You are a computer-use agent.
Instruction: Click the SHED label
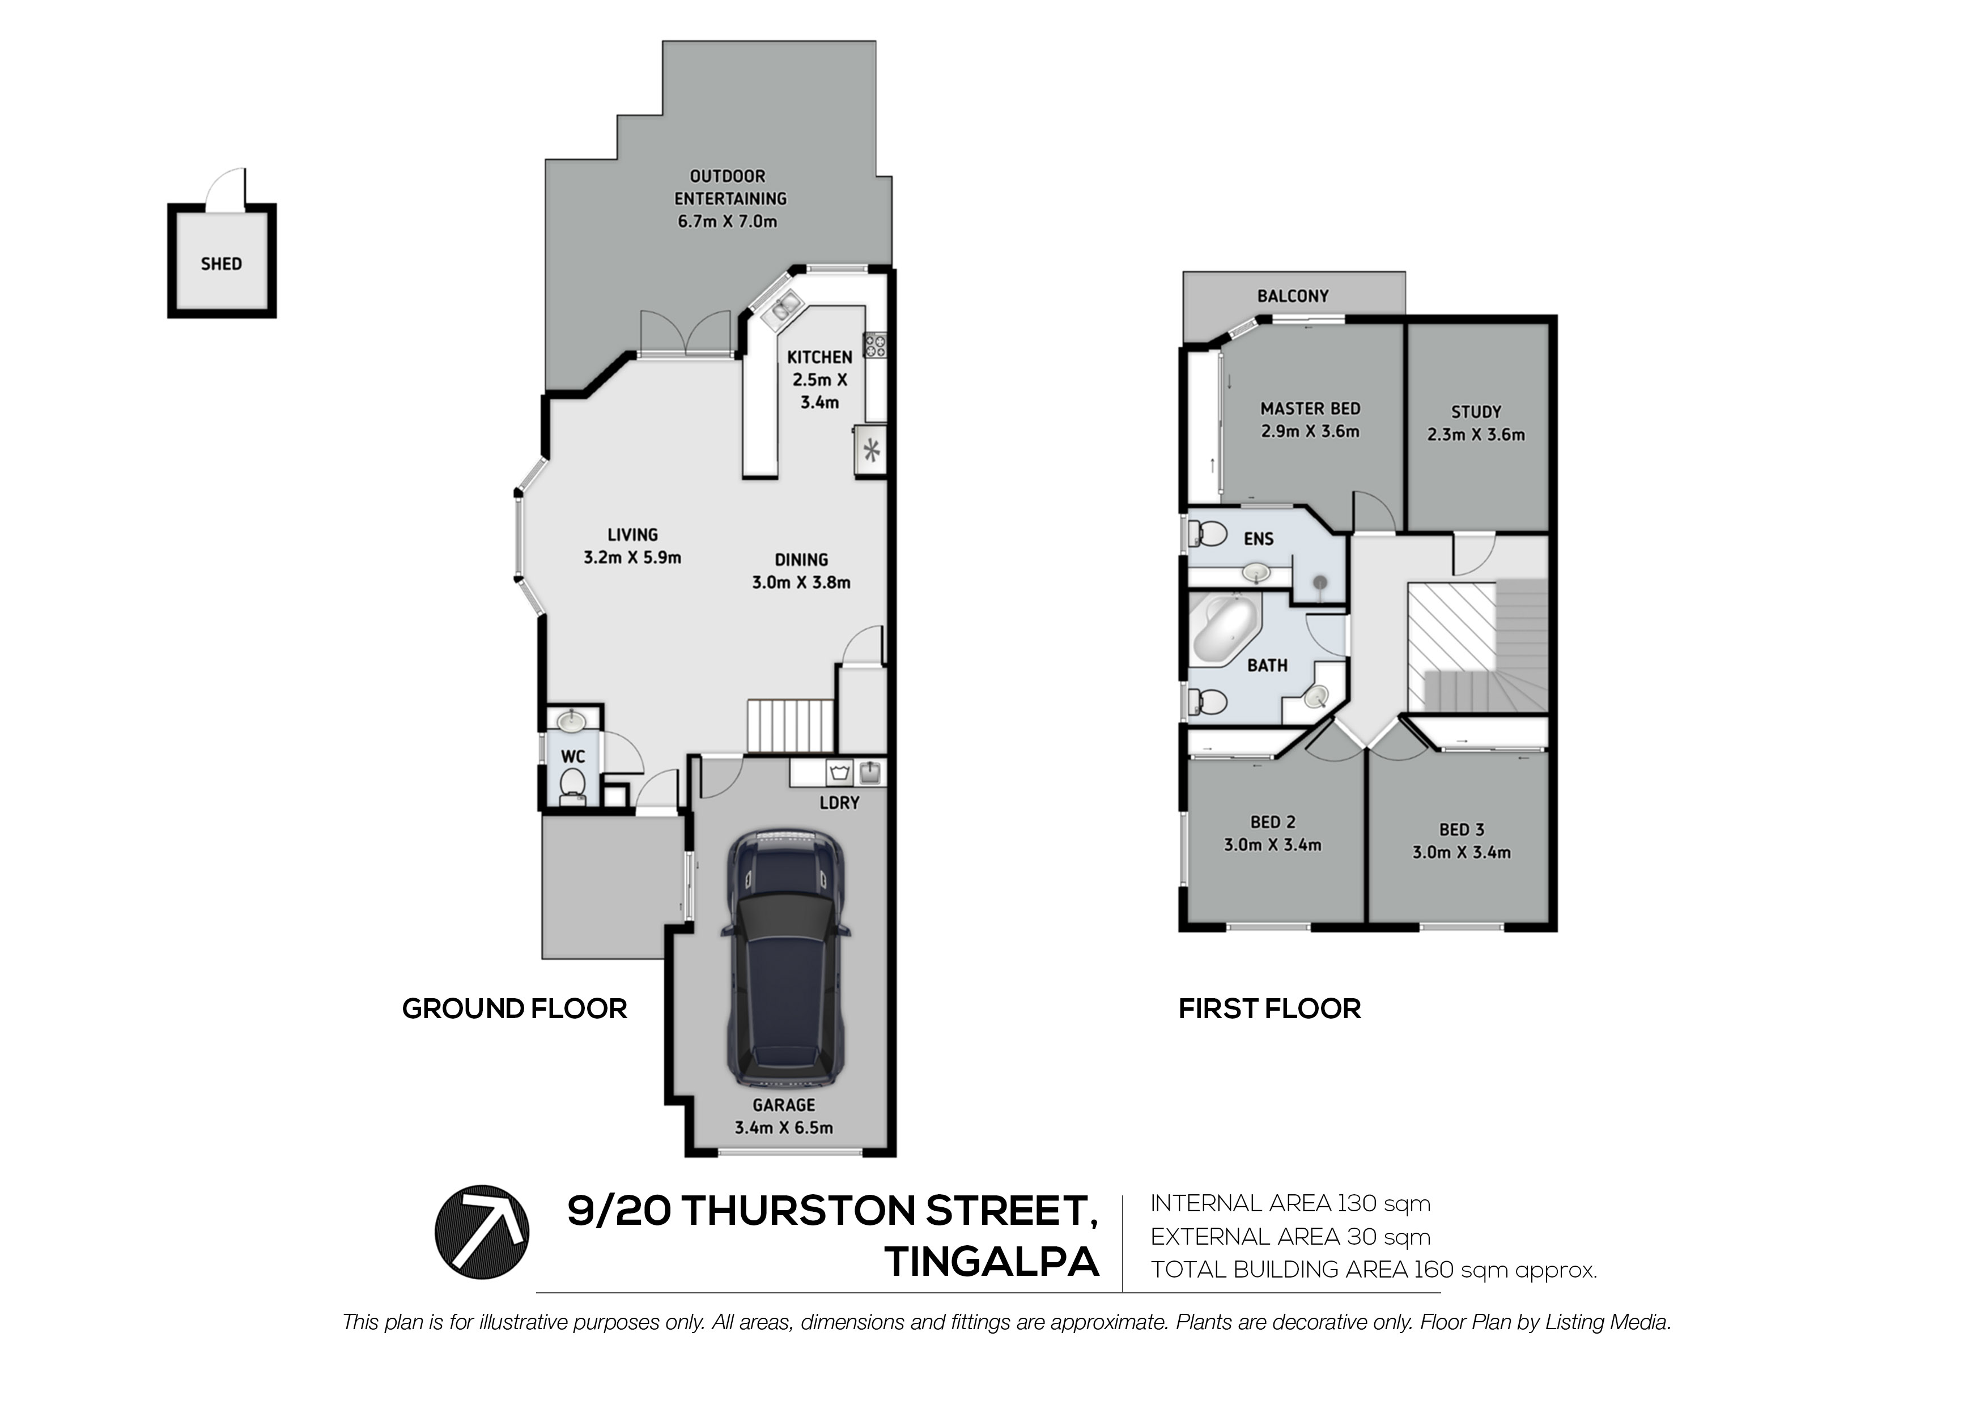click(221, 264)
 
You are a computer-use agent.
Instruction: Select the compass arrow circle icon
click(481, 1232)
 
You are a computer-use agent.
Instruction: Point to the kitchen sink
click(785, 306)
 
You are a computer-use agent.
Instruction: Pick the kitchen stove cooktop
click(874, 346)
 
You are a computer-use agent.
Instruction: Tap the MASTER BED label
click(1310, 408)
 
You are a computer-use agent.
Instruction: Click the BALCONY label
click(1293, 296)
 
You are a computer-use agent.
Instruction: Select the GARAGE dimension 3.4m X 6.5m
click(784, 1128)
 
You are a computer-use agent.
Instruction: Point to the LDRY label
click(839, 803)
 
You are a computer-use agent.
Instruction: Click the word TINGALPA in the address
click(991, 1262)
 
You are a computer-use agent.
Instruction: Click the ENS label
click(1258, 539)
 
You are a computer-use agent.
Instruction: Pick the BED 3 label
click(1462, 829)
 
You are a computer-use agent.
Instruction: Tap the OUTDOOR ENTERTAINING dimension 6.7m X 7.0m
click(727, 222)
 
